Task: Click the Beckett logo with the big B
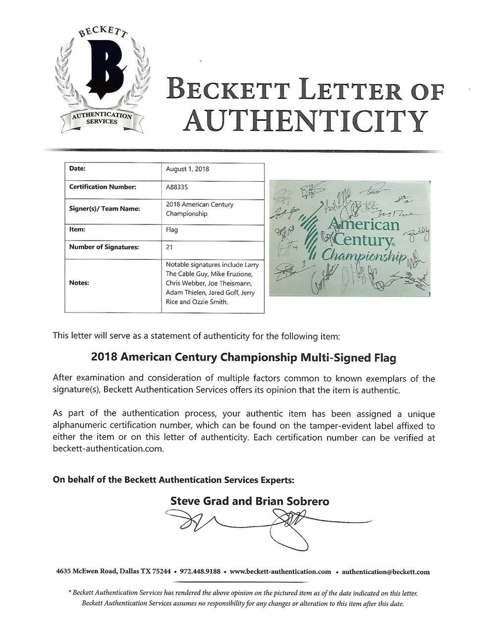tap(102, 79)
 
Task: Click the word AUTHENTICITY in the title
tap(305, 120)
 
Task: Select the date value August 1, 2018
tap(187, 169)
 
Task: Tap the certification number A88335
tap(177, 187)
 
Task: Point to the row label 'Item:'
tap(77, 229)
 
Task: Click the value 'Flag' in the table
tap(171, 230)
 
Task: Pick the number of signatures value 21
tap(169, 247)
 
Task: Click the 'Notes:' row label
tap(79, 283)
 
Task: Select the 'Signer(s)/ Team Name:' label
tap(104, 209)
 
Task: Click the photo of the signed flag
tap(349, 238)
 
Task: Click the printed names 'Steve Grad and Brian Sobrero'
tap(250, 501)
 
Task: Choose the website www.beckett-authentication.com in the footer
tap(280, 571)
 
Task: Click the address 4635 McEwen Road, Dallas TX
tap(113, 571)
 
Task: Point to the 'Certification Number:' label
tap(102, 187)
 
